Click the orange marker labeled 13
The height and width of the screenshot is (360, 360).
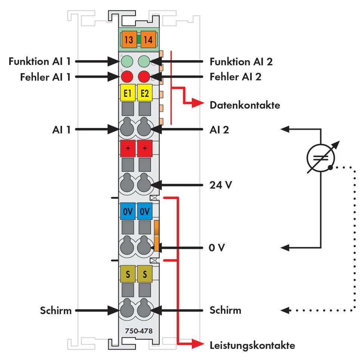(x=128, y=40)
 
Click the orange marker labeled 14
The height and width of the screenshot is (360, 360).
(x=148, y=40)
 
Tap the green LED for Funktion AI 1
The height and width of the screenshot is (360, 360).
(x=126, y=61)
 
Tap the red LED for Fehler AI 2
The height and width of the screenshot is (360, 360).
(x=144, y=77)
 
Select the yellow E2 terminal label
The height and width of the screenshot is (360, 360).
(x=144, y=93)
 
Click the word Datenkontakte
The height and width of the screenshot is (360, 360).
(x=245, y=105)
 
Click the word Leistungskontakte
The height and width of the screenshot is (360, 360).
(x=252, y=345)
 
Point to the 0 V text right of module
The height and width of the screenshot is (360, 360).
(x=217, y=248)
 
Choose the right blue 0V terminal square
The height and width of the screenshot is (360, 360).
(x=144, y=211)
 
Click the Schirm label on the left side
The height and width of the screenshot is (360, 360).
(x=56, y=310)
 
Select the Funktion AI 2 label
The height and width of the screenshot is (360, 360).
(x=241, y=61)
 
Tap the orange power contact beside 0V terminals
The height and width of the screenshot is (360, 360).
(x=157, y=236)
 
